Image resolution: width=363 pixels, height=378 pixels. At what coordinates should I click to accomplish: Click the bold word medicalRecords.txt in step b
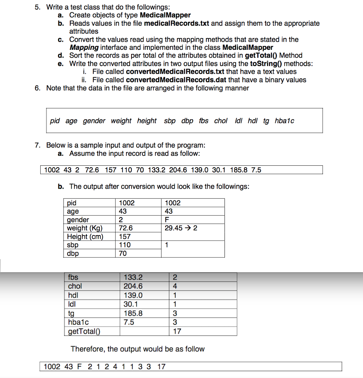click(177, 23)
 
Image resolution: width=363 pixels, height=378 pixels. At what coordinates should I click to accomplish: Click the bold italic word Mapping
click(84, 48)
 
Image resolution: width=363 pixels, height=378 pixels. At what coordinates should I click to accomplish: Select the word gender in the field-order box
click(94, 121)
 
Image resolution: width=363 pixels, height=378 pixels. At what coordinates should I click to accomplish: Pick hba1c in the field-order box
click(284, 121)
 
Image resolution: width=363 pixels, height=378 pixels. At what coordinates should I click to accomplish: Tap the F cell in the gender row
click(167, 220)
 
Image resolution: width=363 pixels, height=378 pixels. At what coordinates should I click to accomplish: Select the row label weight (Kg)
click(85, 228)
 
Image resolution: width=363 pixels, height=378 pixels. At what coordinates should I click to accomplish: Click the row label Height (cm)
click(85, 237)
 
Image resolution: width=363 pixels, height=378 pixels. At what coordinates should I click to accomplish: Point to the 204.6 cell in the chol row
click(133, 286)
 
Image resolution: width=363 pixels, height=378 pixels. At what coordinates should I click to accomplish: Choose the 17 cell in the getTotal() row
click(177, 331)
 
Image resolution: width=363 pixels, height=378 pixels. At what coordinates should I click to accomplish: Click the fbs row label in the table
click(73, 277)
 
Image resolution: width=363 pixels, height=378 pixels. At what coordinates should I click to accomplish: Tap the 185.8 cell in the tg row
click(133, 313)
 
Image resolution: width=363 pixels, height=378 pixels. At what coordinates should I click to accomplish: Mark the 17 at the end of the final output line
click(161, 367)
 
